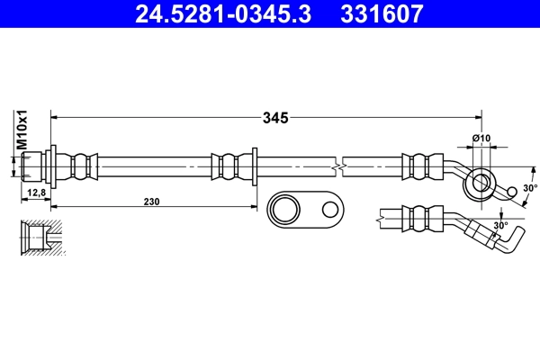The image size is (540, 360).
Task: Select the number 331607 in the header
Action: click(379, 14)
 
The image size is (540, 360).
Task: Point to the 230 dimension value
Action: click(151, 202)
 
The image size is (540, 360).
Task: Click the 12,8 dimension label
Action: click(37, 193)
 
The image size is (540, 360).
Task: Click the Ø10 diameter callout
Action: click(481, 138)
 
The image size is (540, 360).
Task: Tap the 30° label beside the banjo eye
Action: click(530, 188)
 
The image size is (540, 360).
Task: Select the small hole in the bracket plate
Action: click(328, 211)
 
